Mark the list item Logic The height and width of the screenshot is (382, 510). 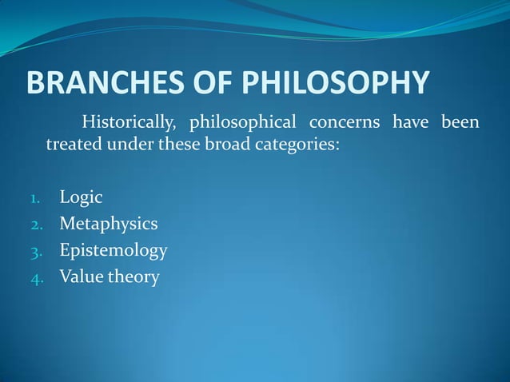(x=81, y=197)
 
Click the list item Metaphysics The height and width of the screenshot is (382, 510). (x=108, y=223)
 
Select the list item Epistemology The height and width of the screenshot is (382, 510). (x=113, y=251)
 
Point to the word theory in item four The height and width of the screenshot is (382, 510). (x=133, y=277)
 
